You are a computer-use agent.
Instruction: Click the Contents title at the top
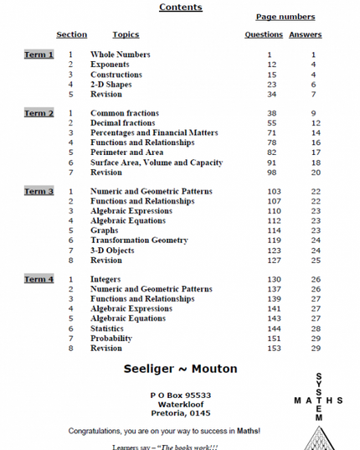tap(180, 8)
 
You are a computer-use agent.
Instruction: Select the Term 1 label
tap(39, 54)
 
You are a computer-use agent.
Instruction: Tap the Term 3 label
tap(39, 192)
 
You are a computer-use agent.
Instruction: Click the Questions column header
tap(263, 35)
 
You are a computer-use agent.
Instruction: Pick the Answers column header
tap(305, 35)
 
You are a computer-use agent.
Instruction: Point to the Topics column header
tap(126, 35)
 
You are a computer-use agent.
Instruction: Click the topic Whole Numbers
tap(121, 54)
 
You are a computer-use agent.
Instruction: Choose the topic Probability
tap(116, 339)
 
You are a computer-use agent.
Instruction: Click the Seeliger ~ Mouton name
tap(179, 369)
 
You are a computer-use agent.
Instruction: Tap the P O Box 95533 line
tap(180, 395)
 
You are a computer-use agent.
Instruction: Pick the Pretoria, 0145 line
tap(180, 413)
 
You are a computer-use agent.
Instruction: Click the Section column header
tap(71, 35)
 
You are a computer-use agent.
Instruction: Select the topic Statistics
tap(113, 328)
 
